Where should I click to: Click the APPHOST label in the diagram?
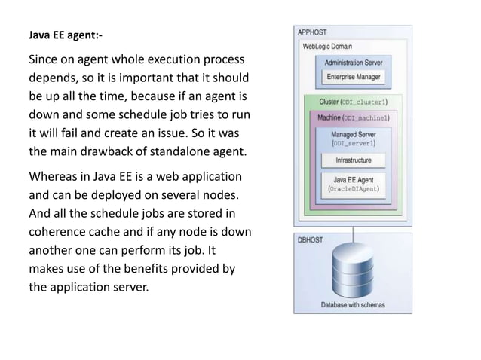click(x=311, y=32)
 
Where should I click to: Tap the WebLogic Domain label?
click(x=327, y=46)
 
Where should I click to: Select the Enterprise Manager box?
click(x=354, y=77)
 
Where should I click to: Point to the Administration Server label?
click(x=354, y=63)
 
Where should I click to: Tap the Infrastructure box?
click(x=354, y=160)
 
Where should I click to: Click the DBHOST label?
click(x=309, y=241)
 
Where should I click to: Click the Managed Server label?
click(x=354, y=134)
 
